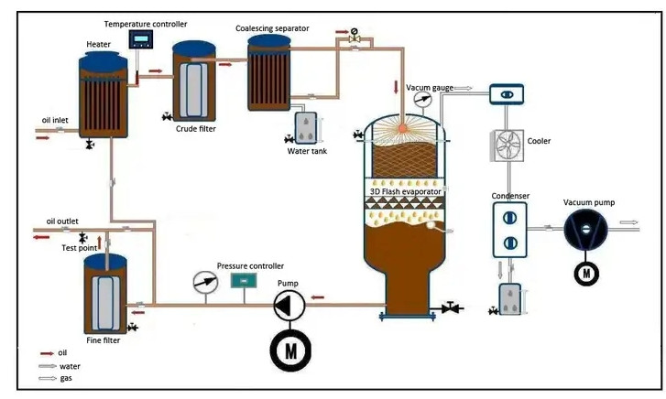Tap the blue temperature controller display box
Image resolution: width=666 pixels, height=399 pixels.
[x=142, y=39]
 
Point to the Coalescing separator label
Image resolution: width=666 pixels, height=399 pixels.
[x=272, y=28]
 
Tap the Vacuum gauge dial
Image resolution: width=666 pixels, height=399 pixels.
[x=422, y=97]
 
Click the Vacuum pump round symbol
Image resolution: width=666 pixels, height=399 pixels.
[x=584, y=224]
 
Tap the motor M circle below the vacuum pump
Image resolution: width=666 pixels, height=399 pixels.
[x=584, y=273]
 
